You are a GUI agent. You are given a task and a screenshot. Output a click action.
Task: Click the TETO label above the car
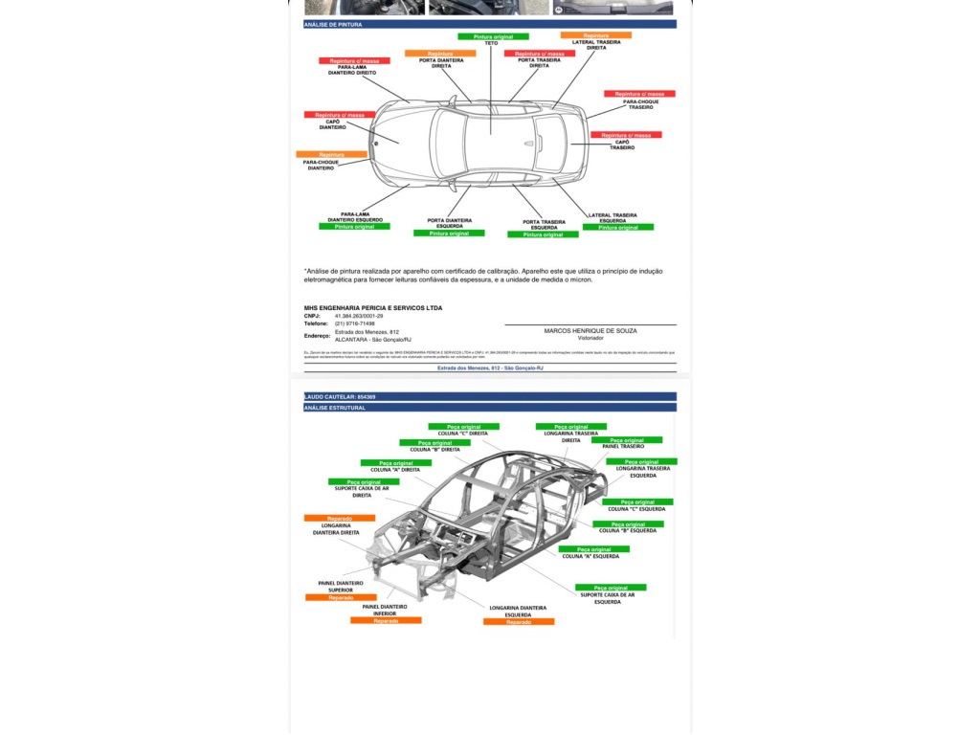coord(492,43)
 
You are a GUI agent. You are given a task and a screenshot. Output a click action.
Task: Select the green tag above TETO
coord(493,36)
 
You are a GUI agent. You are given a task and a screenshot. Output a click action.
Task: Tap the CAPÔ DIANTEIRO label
coord(332,124)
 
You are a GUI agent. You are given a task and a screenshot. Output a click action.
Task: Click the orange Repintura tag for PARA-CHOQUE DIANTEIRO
coord(331,154)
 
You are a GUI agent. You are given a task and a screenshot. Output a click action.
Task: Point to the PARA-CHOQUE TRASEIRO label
coord(639,104)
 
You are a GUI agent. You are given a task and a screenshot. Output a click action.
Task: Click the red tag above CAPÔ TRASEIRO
coord(626,136)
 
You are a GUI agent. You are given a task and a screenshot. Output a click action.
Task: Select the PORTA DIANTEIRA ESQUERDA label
coord(449,223)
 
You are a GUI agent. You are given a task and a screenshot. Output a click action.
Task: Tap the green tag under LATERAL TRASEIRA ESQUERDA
coord(618,228)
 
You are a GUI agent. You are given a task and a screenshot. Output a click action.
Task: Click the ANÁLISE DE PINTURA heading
coord(333,25)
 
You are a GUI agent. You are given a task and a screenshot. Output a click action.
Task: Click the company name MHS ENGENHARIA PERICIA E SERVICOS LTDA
coord(372,308)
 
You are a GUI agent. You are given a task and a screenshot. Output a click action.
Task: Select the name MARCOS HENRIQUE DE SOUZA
coord(590,330)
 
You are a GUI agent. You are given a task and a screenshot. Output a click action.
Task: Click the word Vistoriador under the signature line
coord(590,338)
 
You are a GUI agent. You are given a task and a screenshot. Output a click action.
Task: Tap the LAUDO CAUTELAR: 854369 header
coord(340,396)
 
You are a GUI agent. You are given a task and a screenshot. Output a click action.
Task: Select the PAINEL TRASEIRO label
coord(623,446)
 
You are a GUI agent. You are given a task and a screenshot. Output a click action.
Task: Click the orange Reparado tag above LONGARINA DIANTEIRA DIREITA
coord(340,519)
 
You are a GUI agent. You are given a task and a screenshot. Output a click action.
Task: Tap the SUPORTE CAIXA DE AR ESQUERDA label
coord(607,598)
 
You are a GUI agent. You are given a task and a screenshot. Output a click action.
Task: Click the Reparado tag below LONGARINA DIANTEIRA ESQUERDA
coord(519,622)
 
